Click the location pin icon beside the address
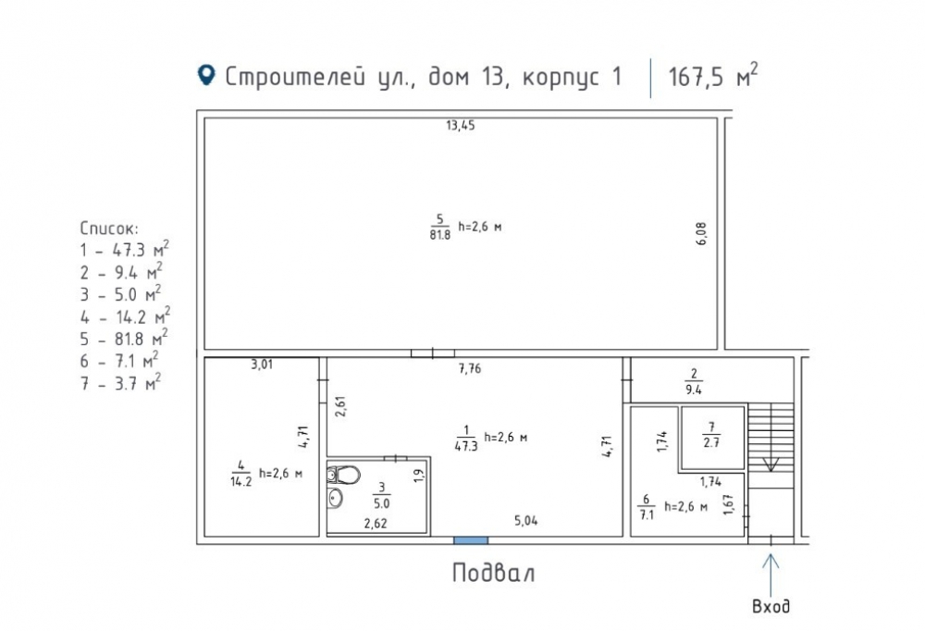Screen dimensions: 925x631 206,75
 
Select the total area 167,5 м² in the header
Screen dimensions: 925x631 712,76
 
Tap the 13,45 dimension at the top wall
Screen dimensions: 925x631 460,125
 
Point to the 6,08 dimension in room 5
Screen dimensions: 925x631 701,234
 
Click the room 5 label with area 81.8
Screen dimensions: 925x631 440,228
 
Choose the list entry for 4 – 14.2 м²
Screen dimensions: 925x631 125,316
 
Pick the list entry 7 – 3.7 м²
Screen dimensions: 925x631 120,382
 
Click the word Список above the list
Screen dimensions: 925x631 109,229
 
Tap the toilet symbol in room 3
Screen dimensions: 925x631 343,476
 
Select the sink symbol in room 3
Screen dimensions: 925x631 335,499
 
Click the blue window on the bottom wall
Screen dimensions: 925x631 471,540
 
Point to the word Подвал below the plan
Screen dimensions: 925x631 494,573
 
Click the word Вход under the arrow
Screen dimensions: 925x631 771,606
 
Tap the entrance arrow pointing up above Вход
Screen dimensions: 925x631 771,575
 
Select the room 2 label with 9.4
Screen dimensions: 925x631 694,381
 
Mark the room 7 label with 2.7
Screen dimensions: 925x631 711,435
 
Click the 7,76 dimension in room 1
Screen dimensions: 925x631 470,369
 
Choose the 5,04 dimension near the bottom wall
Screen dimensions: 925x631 525,521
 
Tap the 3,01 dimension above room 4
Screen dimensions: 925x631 262,365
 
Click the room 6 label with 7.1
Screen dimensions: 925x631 647,507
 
